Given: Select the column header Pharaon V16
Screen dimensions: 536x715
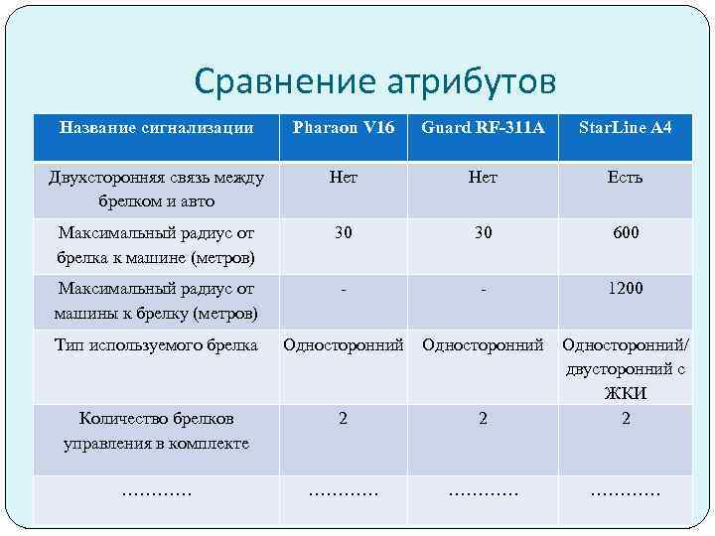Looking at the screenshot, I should [343, 127].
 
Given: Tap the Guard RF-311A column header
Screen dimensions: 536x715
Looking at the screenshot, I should [483, 127].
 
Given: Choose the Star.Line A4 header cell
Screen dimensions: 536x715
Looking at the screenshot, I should [626, 127].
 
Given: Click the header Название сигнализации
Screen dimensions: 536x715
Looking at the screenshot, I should [156, 127].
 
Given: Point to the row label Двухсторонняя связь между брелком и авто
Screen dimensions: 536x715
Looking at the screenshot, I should [156, 190].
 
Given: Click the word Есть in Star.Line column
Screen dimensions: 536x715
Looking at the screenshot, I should [626, 178].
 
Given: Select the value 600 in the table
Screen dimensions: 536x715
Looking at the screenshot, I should [626, 233].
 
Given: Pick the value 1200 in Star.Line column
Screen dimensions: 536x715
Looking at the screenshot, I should [626, 289].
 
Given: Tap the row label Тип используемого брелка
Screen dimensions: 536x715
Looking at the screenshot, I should [156, 345].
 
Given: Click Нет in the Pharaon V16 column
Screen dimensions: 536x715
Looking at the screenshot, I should [343, 178].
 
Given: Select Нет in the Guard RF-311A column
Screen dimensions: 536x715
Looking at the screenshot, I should [483, 178].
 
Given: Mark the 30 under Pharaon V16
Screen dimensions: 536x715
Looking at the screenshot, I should [343, 233].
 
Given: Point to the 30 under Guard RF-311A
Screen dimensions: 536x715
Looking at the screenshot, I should [483, 233].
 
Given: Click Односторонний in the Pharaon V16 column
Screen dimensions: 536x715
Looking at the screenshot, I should [343, 345].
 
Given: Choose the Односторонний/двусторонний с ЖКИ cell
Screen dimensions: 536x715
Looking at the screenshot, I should [626, 369].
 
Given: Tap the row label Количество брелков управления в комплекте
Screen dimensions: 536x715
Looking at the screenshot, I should [156, 431].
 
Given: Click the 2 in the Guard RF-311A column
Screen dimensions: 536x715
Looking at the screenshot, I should [483, 419].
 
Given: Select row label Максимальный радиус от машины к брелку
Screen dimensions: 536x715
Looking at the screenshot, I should [156, 302].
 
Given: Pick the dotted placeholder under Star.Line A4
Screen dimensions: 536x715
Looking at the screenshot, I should [626, 491].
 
